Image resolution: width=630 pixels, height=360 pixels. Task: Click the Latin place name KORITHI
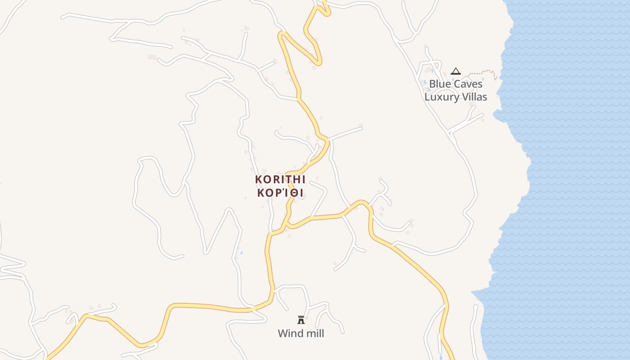(280, 179)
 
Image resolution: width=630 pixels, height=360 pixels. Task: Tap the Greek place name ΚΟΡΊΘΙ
(280, 193)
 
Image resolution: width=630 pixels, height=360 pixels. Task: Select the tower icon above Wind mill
(301, 320)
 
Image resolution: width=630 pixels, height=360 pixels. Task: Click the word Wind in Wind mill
(288, 333)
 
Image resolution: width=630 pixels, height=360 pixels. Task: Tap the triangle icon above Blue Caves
(456, 71)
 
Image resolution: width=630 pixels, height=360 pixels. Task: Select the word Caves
(468, 84)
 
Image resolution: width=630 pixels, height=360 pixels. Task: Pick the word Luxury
(440, 97)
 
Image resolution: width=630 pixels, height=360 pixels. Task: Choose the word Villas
(472, 97)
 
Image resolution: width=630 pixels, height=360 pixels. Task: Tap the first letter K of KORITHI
(258, 179)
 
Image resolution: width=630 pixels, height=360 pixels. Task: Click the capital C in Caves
(457, 84)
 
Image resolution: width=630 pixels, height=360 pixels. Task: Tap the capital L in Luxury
(427, 97)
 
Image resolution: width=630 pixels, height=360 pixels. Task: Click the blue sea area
(571, 180)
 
